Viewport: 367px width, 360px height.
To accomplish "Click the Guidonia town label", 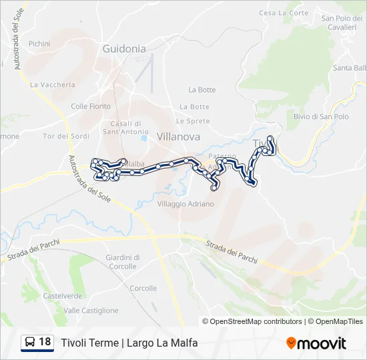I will (x=124, y=49).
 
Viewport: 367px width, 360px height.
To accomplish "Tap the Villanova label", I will (x=178, y=136).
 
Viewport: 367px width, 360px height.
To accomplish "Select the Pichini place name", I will (x=39, y=43).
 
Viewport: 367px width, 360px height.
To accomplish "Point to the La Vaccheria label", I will (x=53, y=85).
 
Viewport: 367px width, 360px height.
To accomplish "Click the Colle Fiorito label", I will (x=91, y=106).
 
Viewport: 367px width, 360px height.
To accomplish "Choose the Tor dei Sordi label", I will (x=66, y=137).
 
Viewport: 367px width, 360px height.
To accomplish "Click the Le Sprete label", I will (x=193, y=121).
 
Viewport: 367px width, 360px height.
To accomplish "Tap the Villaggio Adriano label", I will (x=186, y=204).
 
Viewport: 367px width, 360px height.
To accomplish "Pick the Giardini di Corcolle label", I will (x=123, y=261).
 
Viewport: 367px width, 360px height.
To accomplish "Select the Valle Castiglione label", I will (x=91, y=311).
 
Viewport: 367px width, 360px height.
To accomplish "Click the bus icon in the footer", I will (x=30, y=343).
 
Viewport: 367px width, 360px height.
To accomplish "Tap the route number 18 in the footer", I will (x=45, y=342).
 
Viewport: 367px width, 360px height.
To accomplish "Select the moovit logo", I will (x=316, y=343).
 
